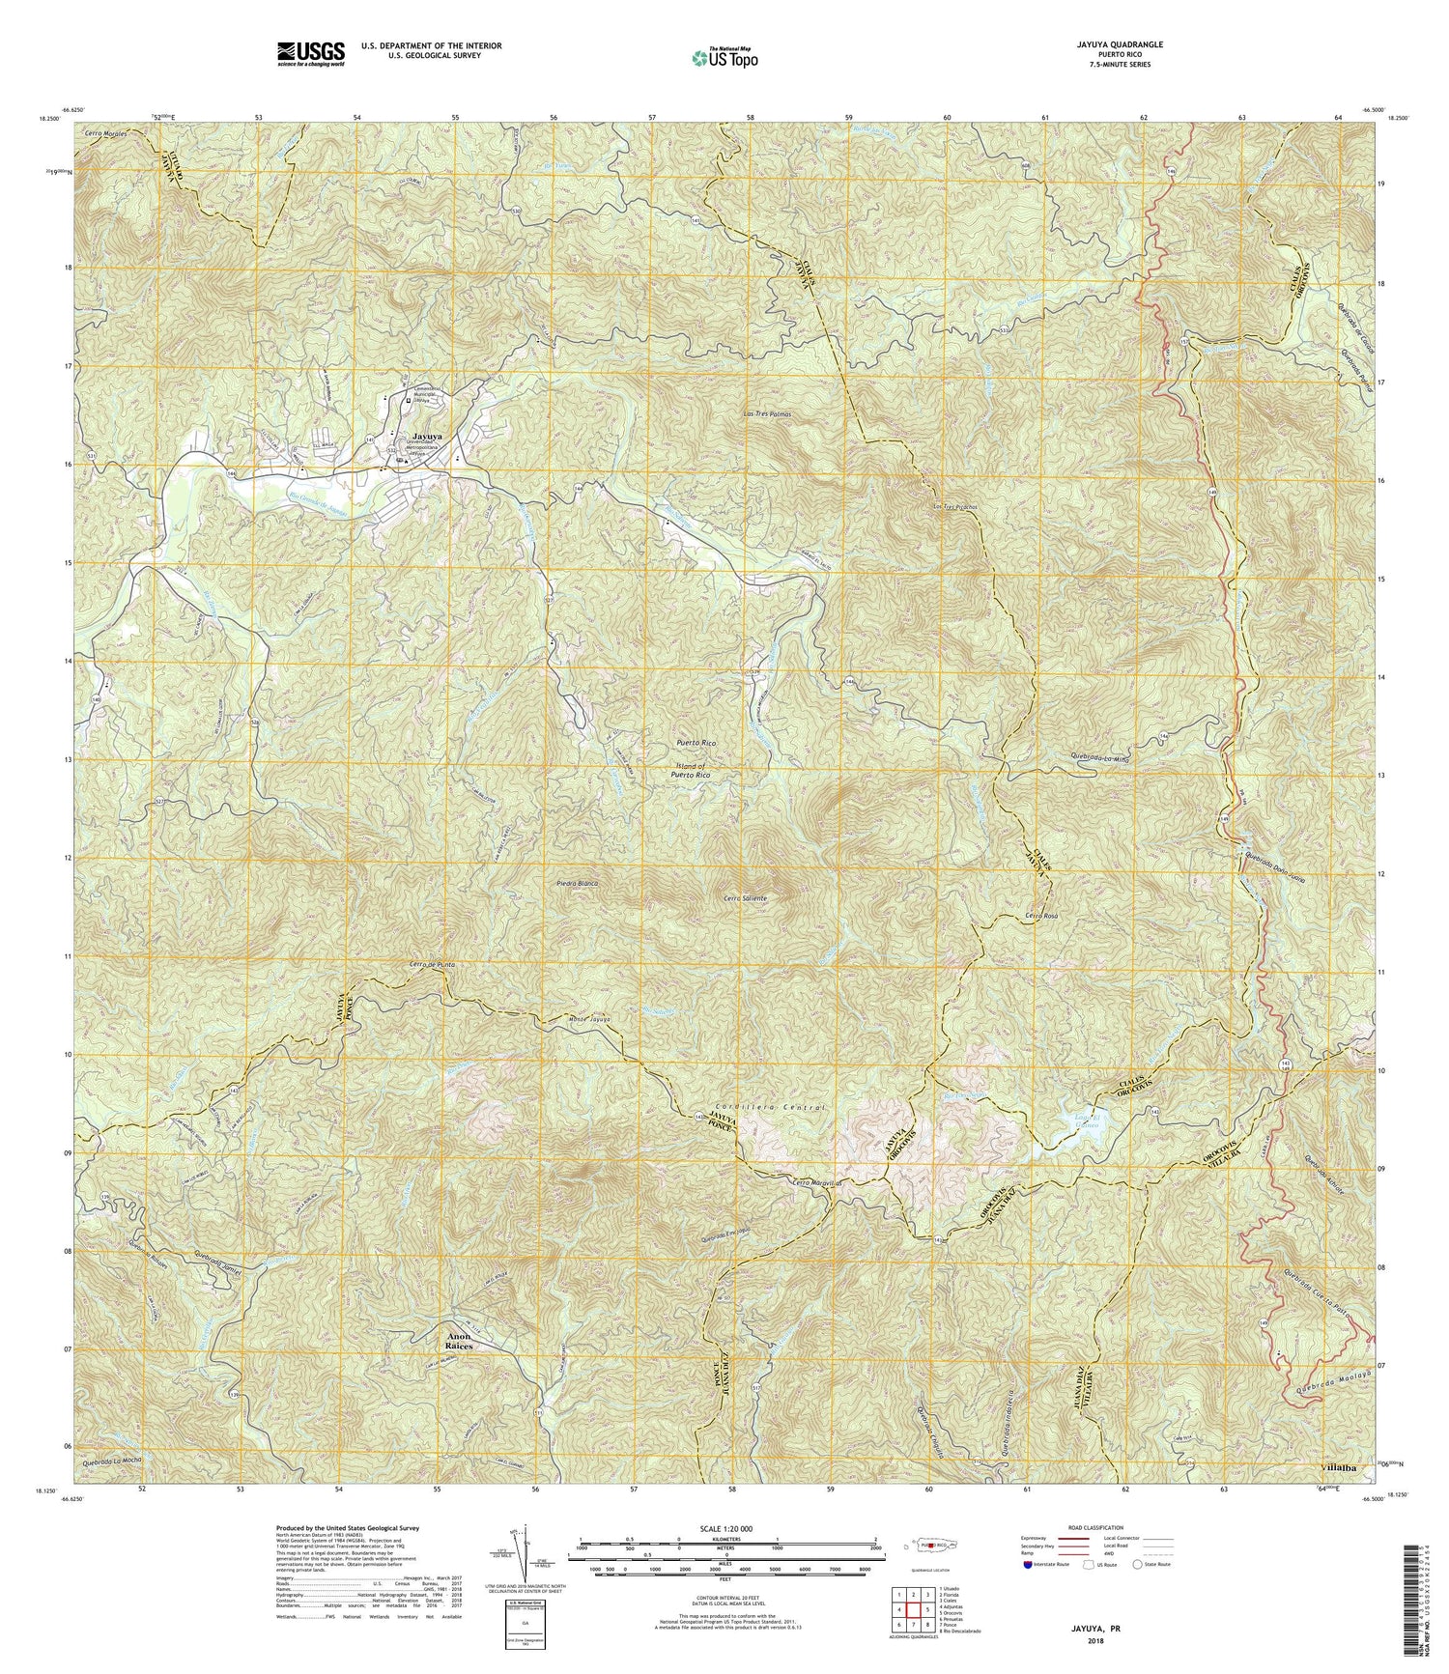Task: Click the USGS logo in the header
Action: click(310, 53)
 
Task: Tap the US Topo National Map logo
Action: click(724, 57)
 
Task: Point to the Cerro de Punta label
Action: click(431, 965)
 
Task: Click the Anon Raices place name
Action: click(458, 1341)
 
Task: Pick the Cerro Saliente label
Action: click(745, 898)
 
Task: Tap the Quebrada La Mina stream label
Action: click(1100, 758)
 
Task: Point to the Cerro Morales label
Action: click(105, 133)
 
